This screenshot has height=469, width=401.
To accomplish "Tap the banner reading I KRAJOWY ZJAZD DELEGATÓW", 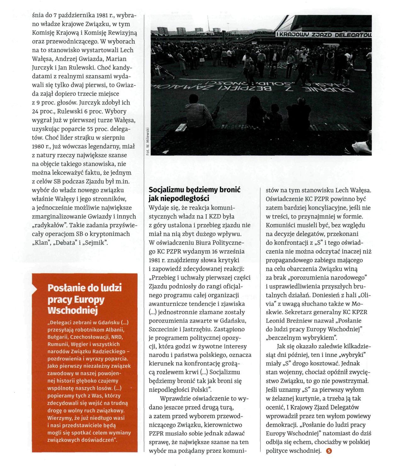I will pyautogui.click(x=323, y=34).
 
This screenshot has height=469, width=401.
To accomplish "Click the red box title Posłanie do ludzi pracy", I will pyautogui.click(x=84, y=299).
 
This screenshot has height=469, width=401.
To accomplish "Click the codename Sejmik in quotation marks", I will pyautogui.click(x=97, y=243).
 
